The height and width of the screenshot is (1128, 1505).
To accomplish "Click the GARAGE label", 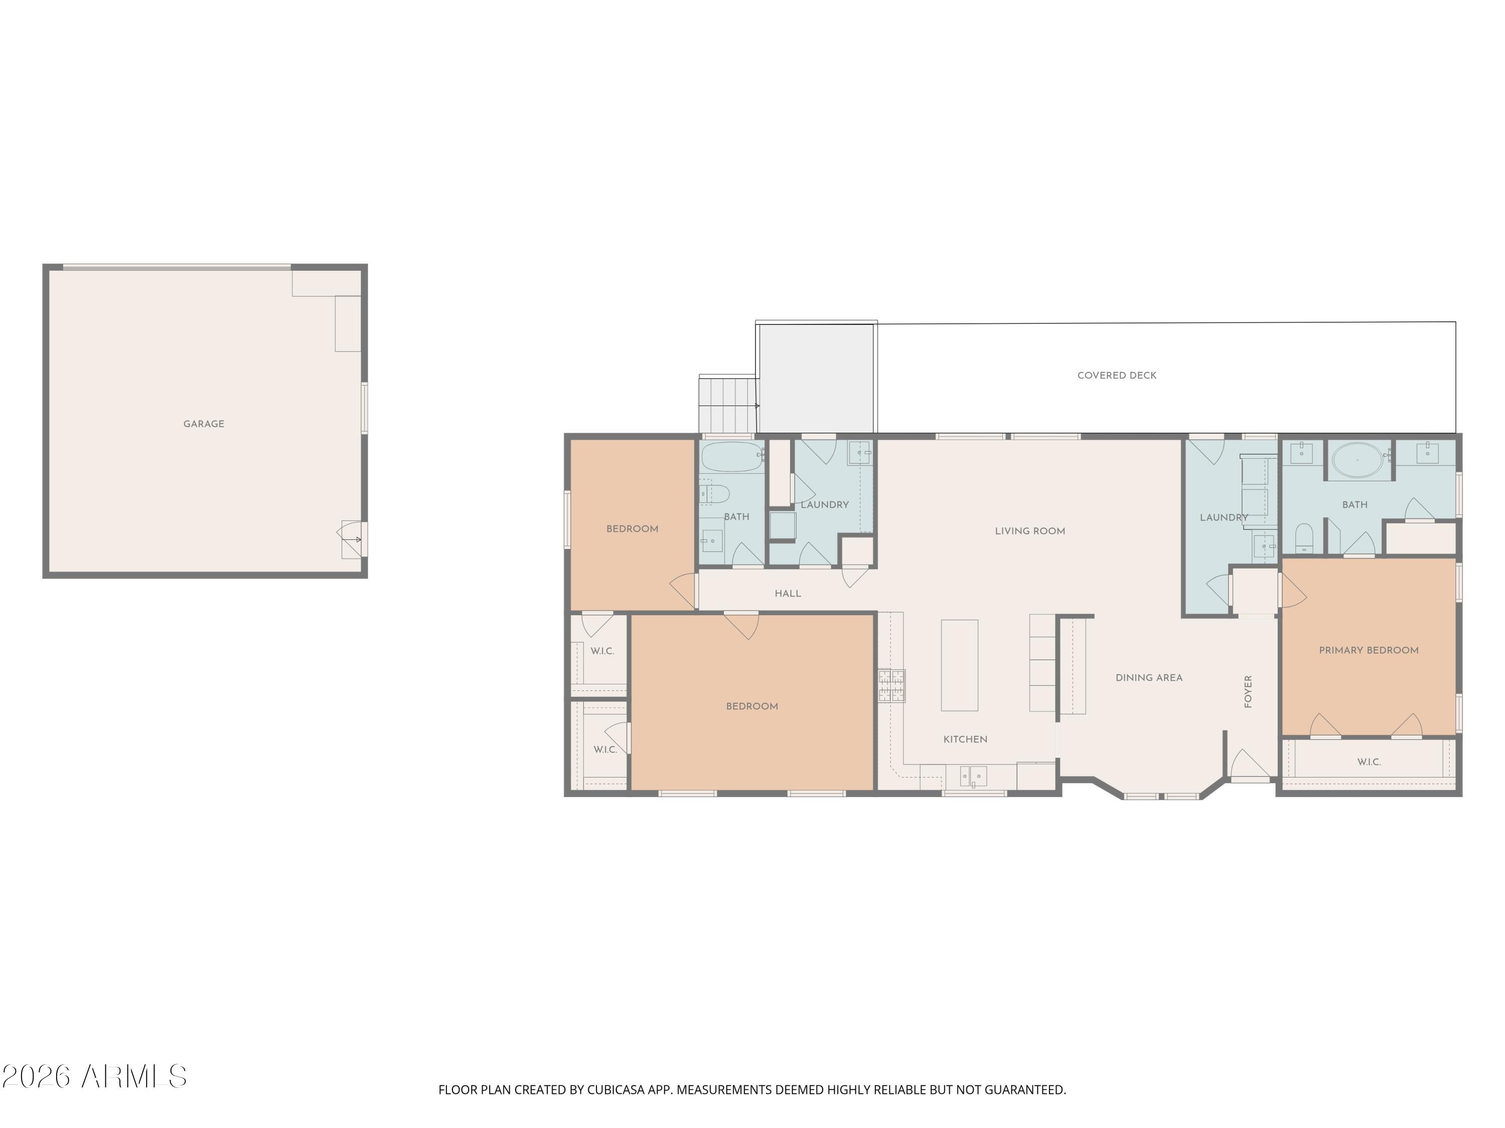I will click(x=204, y=424).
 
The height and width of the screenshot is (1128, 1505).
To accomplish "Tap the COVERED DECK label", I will click(x=1117, y=375).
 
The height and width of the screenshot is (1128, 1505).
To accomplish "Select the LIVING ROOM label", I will click(x=1029, y=531).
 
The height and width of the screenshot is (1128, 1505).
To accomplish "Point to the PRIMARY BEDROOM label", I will click(x=1368, y=650).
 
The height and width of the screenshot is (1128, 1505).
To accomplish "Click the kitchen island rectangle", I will click(x=959, y=665).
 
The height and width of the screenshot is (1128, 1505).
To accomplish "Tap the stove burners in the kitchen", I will click(x=891, y=686).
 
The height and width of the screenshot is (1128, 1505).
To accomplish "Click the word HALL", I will click(x=787, y=594).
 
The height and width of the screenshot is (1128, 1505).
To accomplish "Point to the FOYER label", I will click(x=1248, y=691).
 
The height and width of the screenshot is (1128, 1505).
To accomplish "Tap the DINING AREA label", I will click(x=1148, y=678).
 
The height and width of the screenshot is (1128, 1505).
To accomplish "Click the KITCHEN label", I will click(x=965, y=739).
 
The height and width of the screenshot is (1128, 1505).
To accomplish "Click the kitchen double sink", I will click(x=973, y=776).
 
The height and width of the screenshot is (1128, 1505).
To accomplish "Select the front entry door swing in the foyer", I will click(x=1249, y=765).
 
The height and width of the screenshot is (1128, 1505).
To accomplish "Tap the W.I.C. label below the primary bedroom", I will click(x=1368, y=762).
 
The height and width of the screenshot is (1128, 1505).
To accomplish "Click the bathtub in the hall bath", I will click(x=731, y=457).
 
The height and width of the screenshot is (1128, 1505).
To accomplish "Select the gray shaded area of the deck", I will click(x=816, y=378).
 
